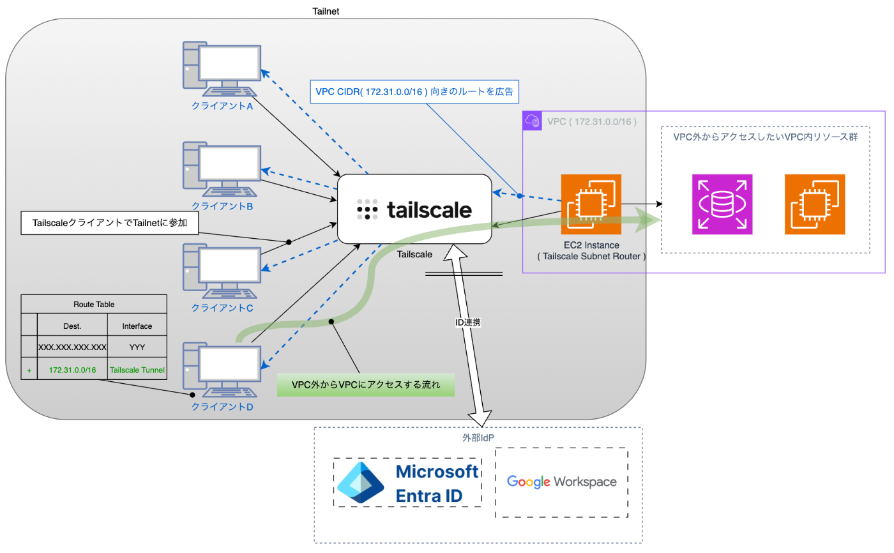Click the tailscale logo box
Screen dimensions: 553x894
[x=414, y=209]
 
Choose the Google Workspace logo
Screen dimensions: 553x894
[x=562, y=481]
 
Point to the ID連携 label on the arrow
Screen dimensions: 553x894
[x=467, y=323]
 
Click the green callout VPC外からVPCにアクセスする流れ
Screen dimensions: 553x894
[x=365, y=385]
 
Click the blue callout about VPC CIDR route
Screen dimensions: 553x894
[x=416, y=92]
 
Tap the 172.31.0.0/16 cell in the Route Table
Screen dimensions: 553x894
[x=72, y=369]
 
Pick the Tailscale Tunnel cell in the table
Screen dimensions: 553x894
[x=137, y=369]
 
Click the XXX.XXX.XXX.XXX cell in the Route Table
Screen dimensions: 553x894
[x=72, y=347]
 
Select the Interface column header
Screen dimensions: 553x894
[x=137, y=326]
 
